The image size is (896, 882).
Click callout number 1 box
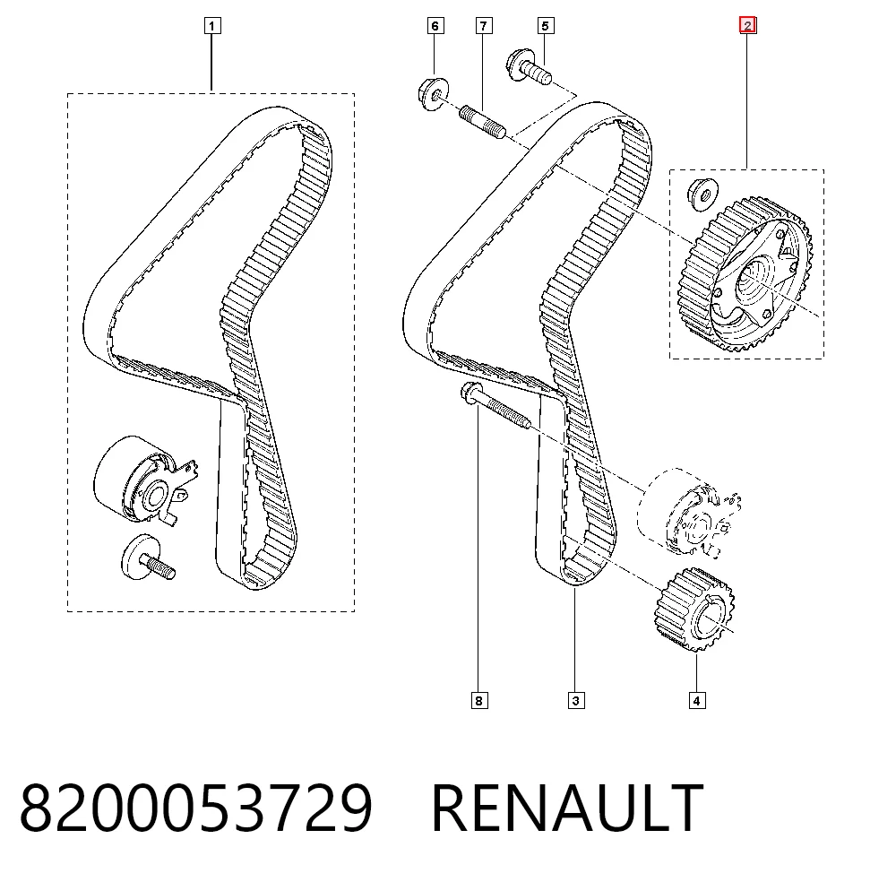point(212,26)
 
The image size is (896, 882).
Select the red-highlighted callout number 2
point(747,25)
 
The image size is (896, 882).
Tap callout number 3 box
point(576,700)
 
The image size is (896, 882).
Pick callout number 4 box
point(696,700)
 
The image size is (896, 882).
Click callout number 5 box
point(546,26)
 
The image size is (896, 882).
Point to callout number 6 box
point(435,26)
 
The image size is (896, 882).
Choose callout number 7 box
point(484,26)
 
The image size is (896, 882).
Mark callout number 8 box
point(479,700)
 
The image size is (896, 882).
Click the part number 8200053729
point(196,808)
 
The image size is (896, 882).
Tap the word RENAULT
point(567,808)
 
